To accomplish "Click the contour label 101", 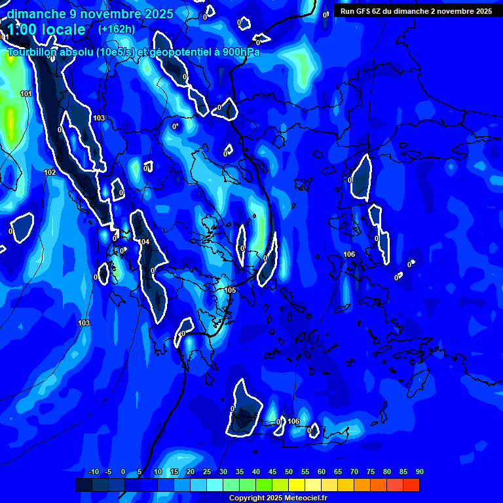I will coord(26,94).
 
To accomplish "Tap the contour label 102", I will coord(50,172).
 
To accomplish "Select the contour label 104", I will coord(144,242).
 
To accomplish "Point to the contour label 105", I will coord(230,290).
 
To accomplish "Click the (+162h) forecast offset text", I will coord(117,29).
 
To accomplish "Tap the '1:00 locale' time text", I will coord(46,29).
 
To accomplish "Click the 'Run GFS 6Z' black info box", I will coord(416,11).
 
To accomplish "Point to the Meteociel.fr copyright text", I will coord(278,498).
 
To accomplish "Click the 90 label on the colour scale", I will coord(419,472).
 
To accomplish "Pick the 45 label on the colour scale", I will coord(272,472).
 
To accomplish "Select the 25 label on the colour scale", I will coord(207,472).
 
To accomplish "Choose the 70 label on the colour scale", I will coord(354,472).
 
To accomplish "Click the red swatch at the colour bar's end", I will coord(411,485).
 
